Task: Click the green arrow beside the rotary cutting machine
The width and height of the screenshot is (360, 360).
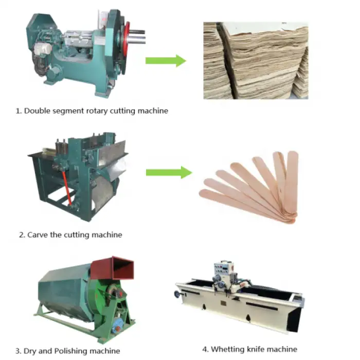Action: pos(165,61)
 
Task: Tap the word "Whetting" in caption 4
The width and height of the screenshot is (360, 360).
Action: pos(226,349)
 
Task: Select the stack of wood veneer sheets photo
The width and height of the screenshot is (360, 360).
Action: pos(256,61)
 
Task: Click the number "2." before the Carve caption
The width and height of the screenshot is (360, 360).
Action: pos(22,235)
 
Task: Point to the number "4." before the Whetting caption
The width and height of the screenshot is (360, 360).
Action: pos(206,349)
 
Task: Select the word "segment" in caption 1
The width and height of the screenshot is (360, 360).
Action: pos(69,111)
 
